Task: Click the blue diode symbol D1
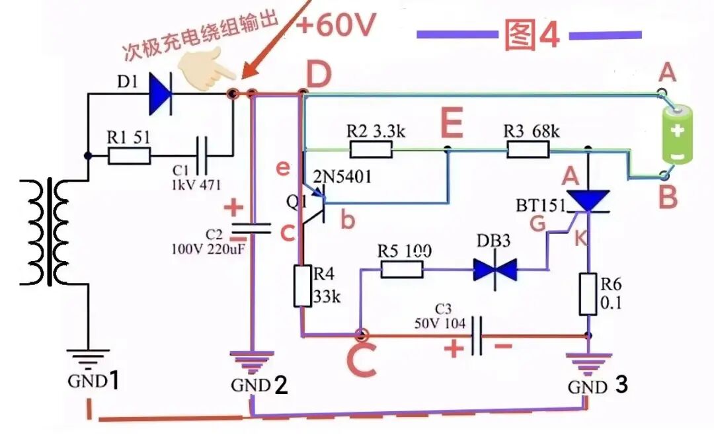tap(161, 95)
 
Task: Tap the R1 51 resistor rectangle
tap(129, 156)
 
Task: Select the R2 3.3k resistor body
tap(371, 149)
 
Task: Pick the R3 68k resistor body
tap(528, 149)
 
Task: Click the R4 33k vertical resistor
tap(302, 286)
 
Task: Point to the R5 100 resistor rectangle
tap(402, 269)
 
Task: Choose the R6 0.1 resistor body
tap(588, 294)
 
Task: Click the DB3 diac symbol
tap(495, 269)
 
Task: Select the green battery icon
tap(678, 134)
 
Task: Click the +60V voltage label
tap(336, 24)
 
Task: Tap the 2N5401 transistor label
tap(342, 177)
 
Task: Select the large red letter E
tap(452, 122)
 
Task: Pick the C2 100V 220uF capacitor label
tap(207, 242)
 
